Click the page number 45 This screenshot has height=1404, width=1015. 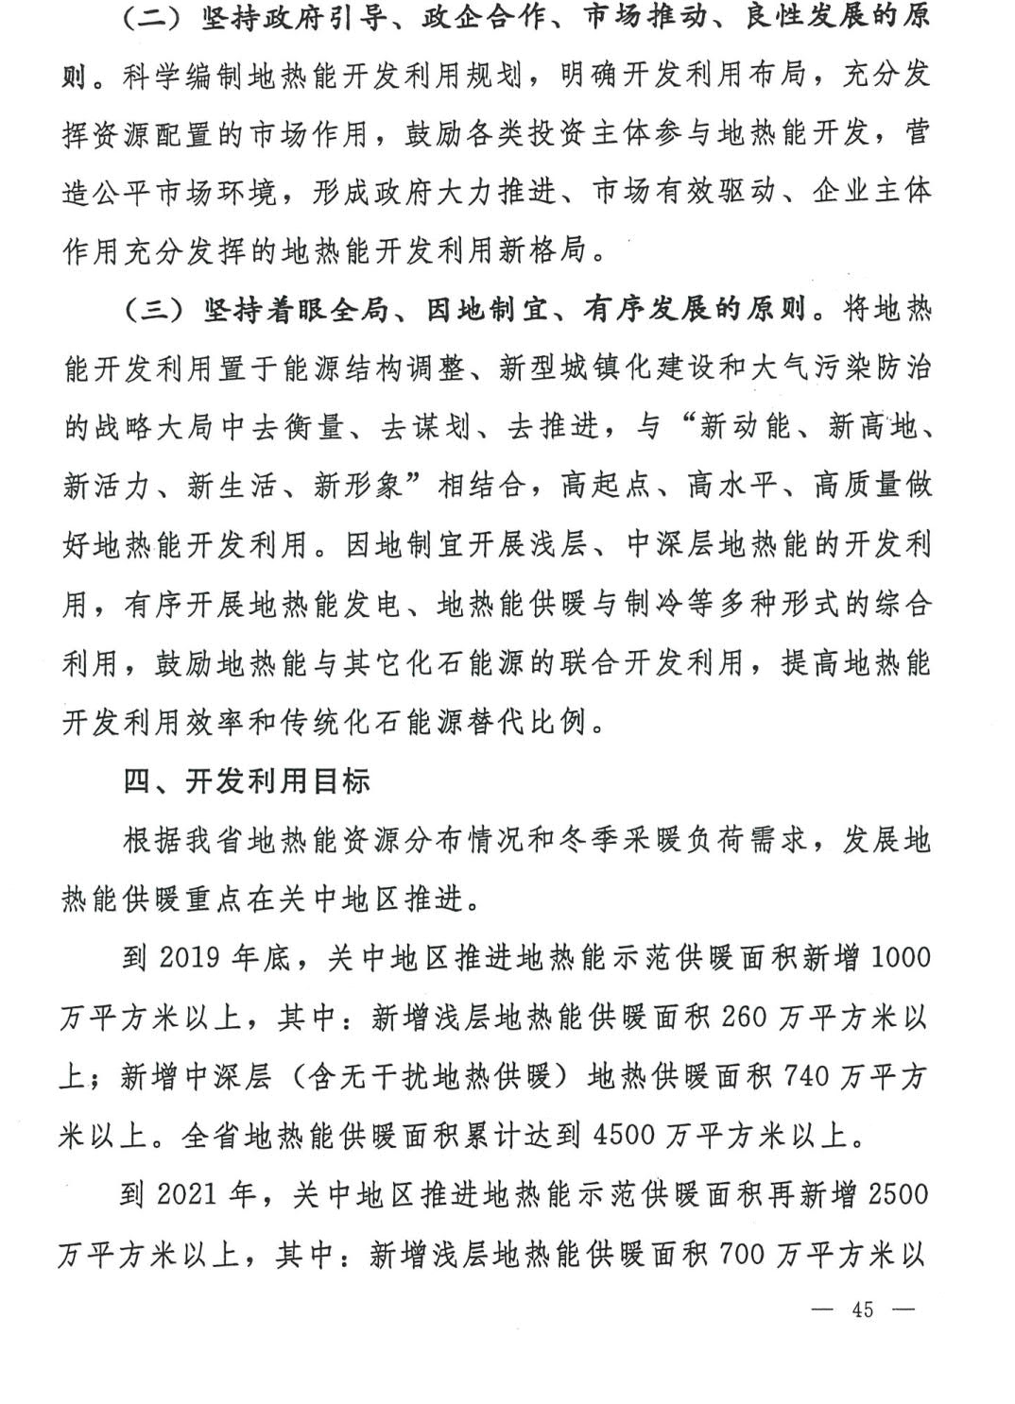(x=861, y=1310)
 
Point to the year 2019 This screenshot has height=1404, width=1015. (x=191, y=957)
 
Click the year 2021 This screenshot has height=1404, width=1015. (x=189, y=1194)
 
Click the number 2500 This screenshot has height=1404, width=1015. (x=898, y=1194)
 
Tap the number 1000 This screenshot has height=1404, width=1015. (x=899, y=957)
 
